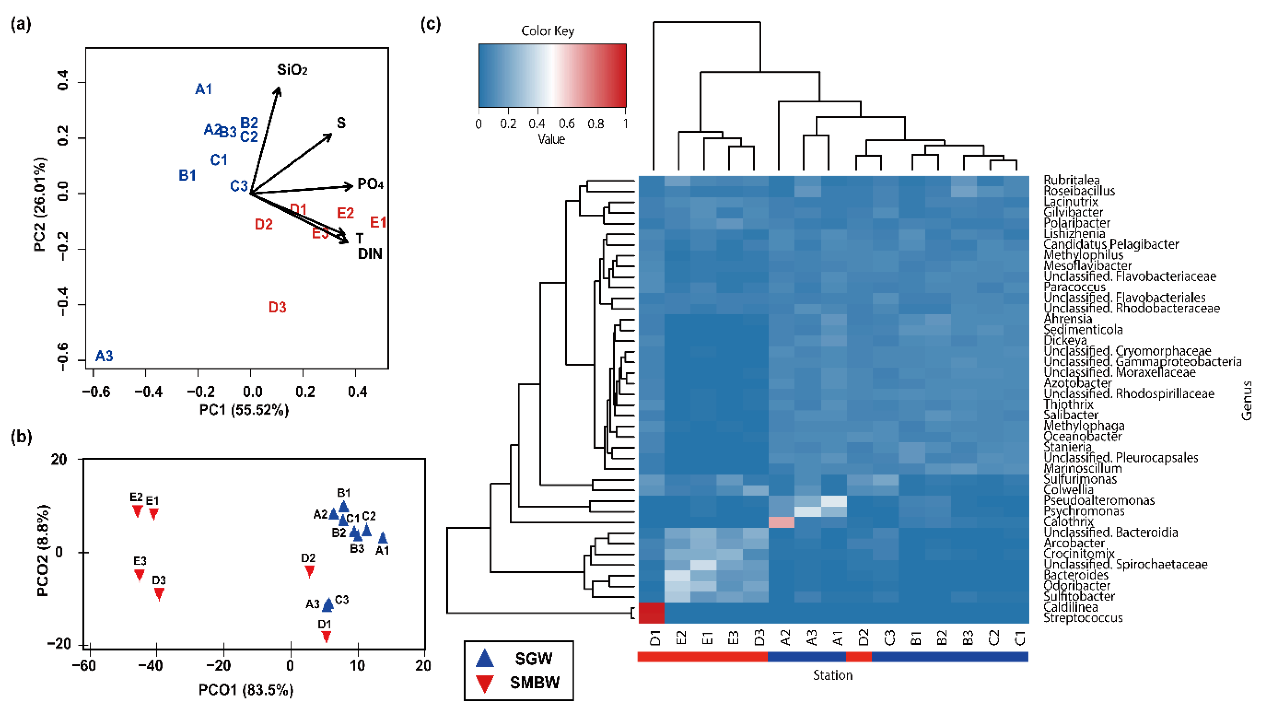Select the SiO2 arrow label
point(292,70)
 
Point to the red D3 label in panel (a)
point(277,308)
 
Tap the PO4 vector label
point(370,184)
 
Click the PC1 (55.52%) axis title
point(244,410)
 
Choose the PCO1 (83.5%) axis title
point(246,690)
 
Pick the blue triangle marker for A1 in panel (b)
point(383,538)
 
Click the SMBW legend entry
point(534,682)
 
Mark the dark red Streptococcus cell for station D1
point(652,613)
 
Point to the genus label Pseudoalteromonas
point(1099,500)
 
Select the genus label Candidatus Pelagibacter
point(1110,244)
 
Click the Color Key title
point(547,31)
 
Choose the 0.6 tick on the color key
point(567,124)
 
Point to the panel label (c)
point(430,24)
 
